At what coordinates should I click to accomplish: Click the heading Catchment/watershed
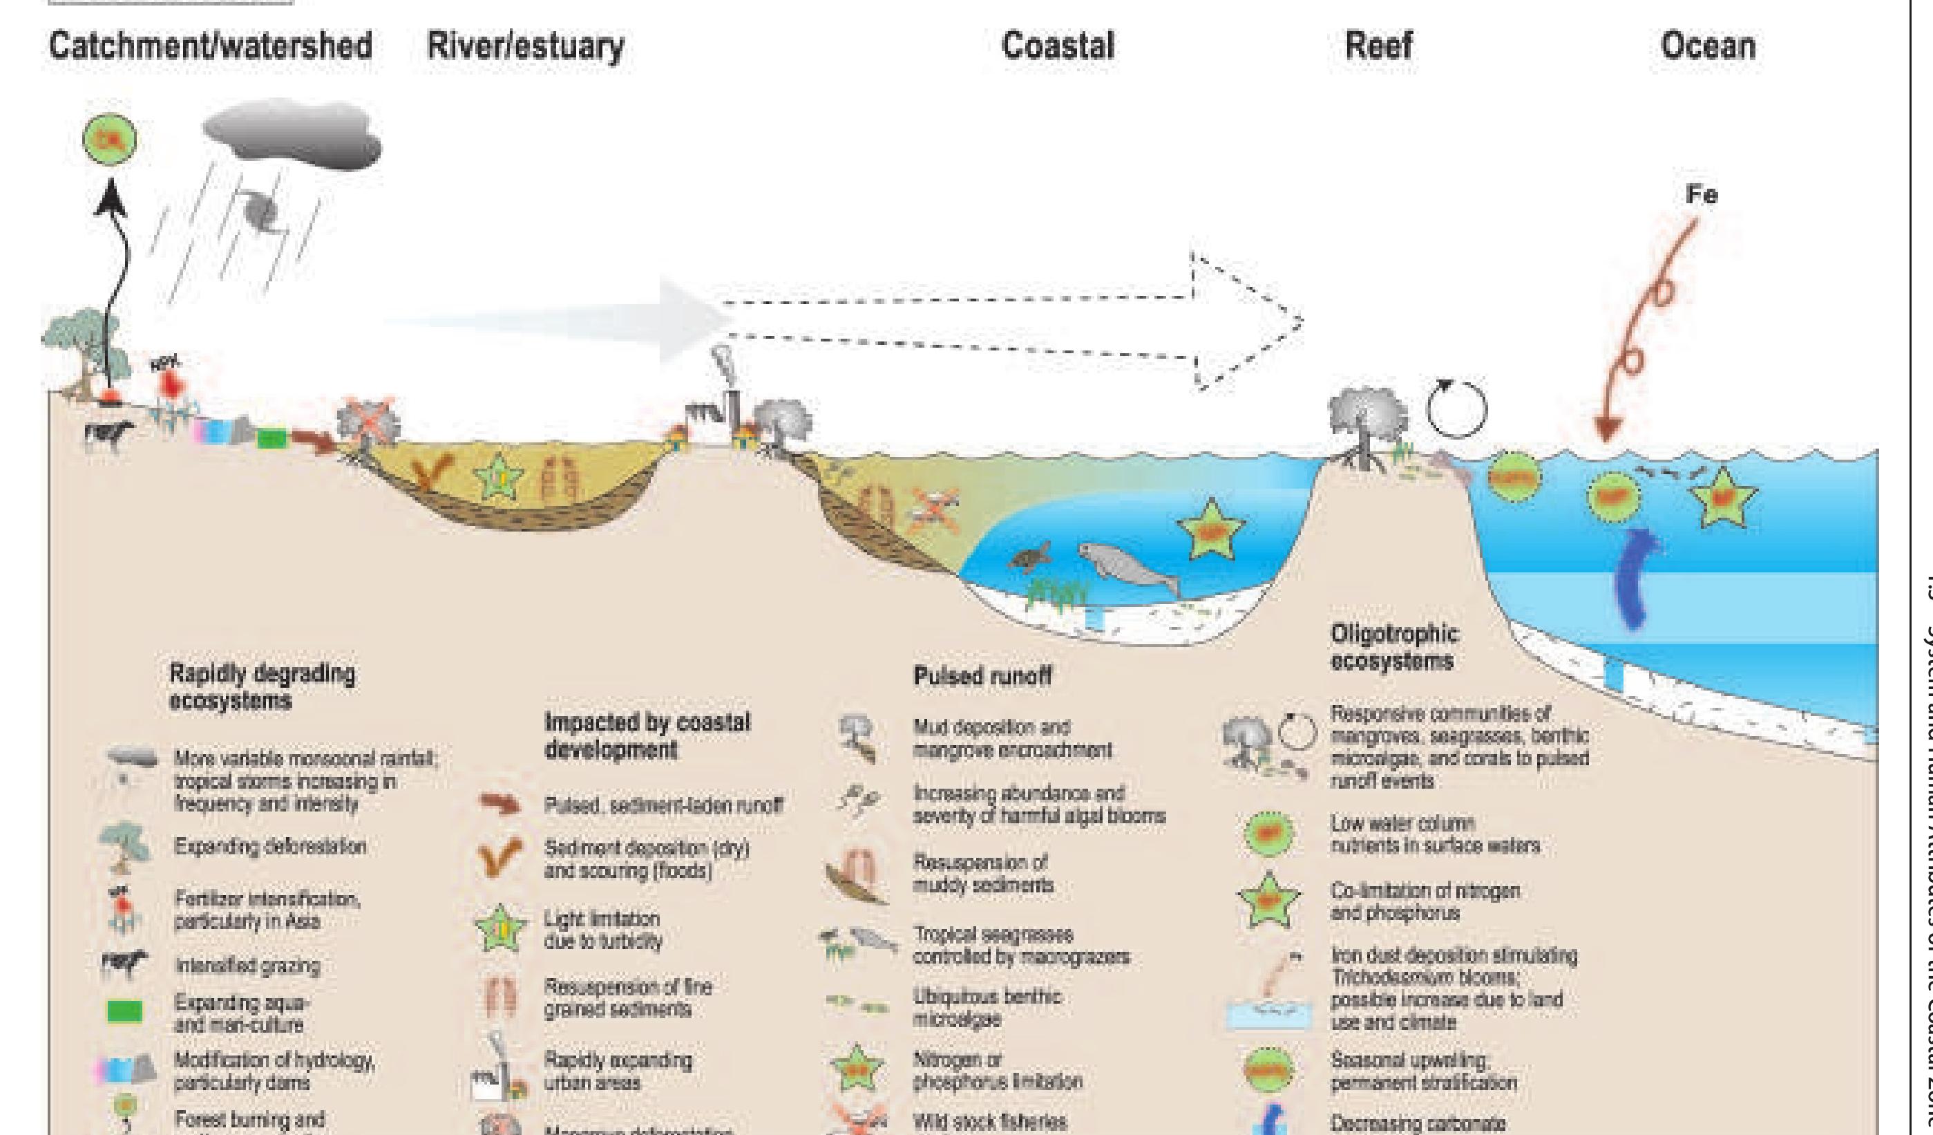click(x=210, y=46)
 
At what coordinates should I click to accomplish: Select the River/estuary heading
click(x=526, y=46)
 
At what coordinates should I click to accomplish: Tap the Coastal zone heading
click(x=1058, y=46)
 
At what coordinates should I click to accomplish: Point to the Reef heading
click(x=1378, y=46)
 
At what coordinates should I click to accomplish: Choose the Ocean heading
click(x=1708, y=46)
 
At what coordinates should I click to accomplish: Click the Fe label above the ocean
click(x=1701, y=195)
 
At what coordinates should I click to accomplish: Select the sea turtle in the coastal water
click(x=1030, y=557)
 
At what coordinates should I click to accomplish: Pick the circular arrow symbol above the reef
click(x=1456, y=409)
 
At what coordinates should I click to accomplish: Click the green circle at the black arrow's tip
click(x=110, y=140)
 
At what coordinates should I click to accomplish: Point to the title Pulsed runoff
click(x=982, y=676)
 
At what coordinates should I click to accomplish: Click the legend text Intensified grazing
click(x=247, y=966)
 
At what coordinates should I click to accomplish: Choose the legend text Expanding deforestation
click(x=270, y=847)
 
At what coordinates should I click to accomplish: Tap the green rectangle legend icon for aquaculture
click(x=124, y=1011)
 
